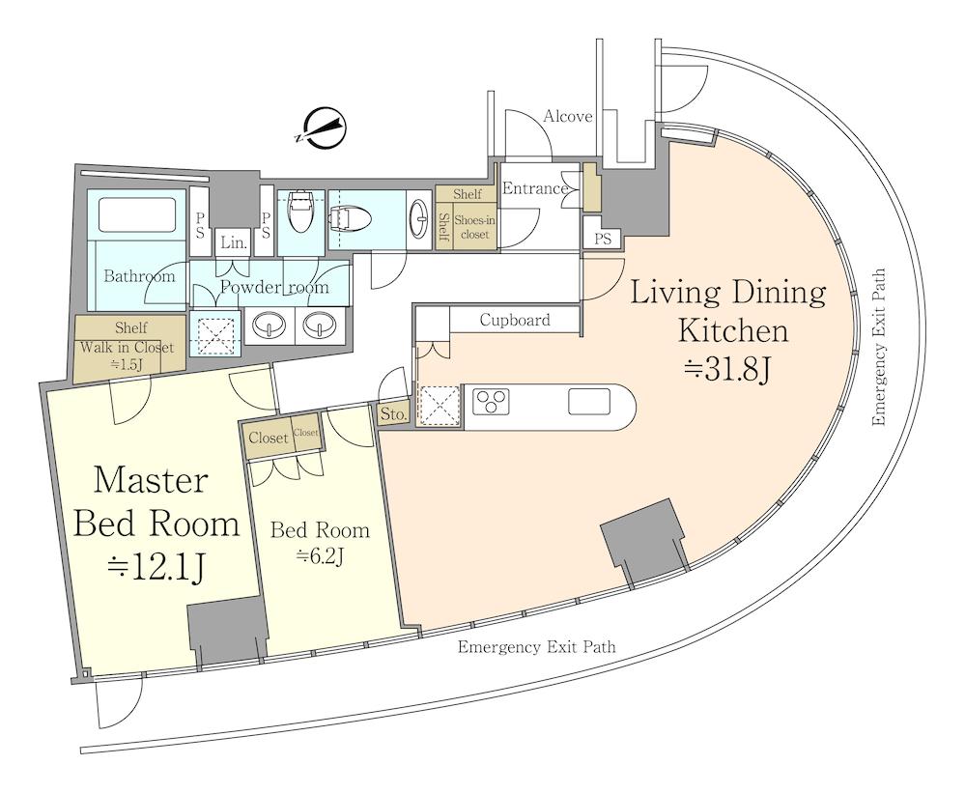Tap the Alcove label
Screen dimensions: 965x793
coord(567,116)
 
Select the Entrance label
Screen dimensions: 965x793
coord(534,188)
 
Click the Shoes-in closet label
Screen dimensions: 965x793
coord(474,227)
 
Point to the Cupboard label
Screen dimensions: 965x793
coord(515,320)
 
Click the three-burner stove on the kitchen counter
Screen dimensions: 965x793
coord(491,401)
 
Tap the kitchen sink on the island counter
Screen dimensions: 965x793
coord(589,402)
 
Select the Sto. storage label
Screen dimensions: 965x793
coord(392,414)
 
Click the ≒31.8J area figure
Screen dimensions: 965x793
coord(727,370)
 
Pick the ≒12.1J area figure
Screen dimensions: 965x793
coord(156,567)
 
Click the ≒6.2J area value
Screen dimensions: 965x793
coord(320,556)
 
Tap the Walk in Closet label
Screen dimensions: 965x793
coord(128,348)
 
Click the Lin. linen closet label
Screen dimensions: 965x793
coord(233,243)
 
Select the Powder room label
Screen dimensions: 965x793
coord(274,287)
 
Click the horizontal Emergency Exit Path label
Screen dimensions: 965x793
coord(537,647)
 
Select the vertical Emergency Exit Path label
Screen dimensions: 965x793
coord(879,347)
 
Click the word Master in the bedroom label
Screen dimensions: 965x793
coord(151,480)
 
